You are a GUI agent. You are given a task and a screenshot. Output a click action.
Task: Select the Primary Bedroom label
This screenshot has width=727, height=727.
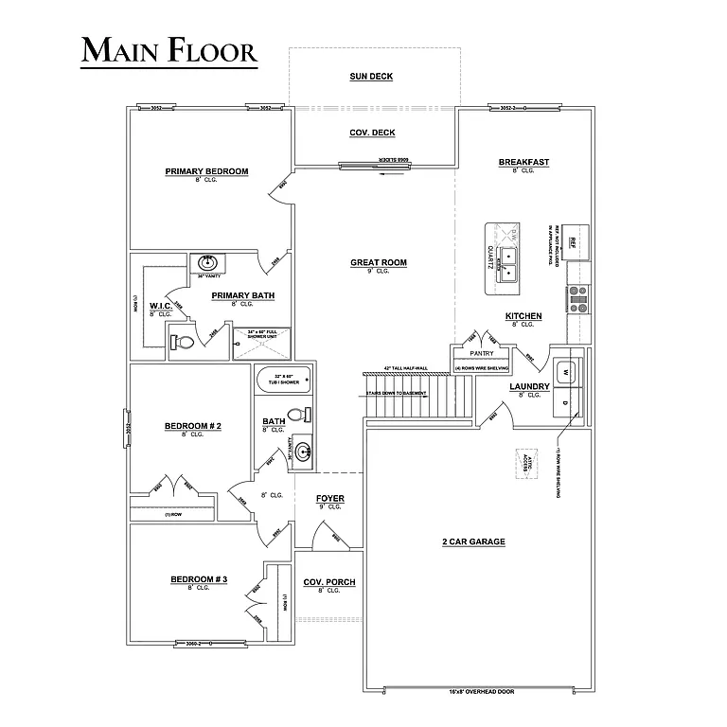point(206,171)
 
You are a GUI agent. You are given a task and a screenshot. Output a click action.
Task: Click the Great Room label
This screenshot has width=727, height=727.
point(379,262)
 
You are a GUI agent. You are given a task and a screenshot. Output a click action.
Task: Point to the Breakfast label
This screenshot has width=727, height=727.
point(523,163)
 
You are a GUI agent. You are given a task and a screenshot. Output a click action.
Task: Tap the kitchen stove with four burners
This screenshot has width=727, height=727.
point(578,300)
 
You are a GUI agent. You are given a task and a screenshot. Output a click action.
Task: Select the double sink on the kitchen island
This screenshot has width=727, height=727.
point(508,263)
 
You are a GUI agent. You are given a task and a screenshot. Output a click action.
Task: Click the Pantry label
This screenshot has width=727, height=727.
point(482,353)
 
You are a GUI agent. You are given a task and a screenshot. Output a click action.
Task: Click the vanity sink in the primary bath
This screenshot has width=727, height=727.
point(206,262)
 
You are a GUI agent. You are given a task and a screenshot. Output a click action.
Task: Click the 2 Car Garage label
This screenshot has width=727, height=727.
point(472,541)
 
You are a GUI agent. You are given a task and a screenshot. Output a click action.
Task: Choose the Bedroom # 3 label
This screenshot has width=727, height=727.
point(199,579)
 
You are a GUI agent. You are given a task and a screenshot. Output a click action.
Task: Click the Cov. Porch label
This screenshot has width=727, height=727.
point(328,582)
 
